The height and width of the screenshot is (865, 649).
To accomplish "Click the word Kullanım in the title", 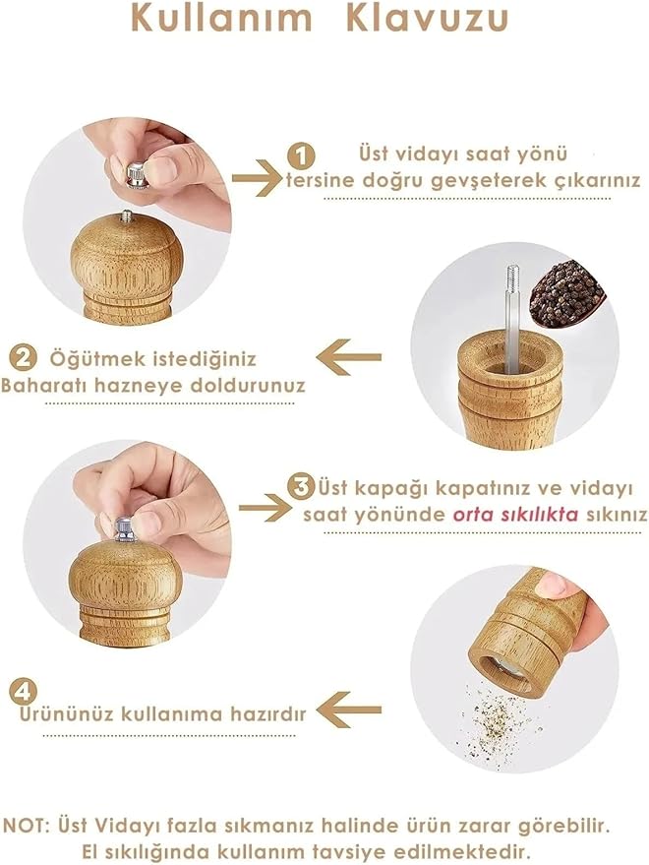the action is [x=221, y=17].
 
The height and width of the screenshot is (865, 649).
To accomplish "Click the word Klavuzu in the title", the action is [x=428, y=17].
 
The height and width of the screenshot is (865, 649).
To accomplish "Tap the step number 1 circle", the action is [x=301, y=156].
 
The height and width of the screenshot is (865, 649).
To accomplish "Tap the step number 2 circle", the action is [x=24, y=358].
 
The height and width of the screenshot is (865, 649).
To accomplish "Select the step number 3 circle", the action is [x=301, y=486].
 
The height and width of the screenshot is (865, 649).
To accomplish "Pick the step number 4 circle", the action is [x=24, y=690].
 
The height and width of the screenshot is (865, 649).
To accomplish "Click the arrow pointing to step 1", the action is [x=257, y=178].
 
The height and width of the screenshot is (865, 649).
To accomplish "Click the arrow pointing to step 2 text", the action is [x=348, y=357].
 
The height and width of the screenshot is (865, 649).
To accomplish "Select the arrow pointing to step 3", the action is [x=265, y=508].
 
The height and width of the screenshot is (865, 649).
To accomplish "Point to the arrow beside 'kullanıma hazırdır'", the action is [x=348, y=710].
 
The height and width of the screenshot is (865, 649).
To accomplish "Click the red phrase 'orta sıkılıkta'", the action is [x=515, y=515].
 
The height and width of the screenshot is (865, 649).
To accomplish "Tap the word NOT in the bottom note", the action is [x=26, y=826].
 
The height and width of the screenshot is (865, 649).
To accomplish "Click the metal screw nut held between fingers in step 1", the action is [x=137, y=174].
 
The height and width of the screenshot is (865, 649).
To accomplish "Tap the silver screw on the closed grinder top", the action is [x=125, y=529].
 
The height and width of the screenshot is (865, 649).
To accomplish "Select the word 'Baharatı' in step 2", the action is [x=44, y=385].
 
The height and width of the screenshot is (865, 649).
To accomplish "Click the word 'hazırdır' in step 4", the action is [x=268, y=714].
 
